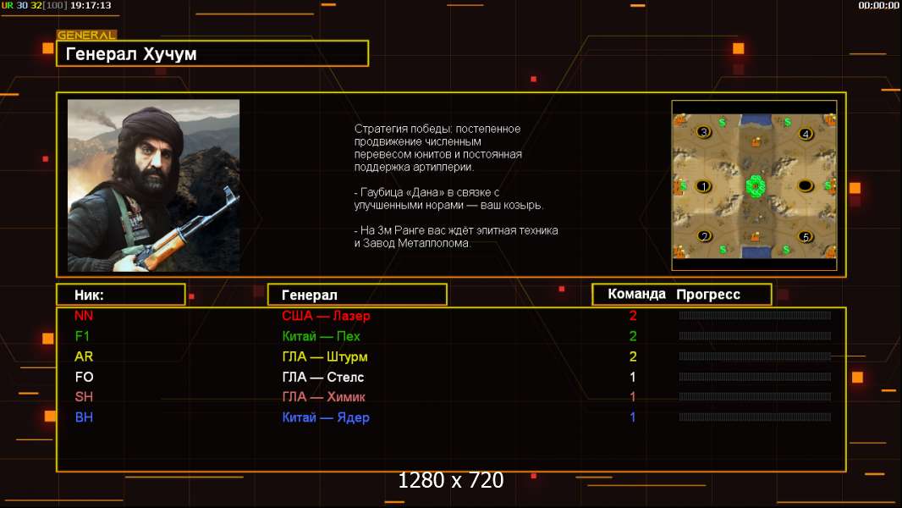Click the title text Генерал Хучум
pos(131,54)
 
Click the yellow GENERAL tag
pos(87,35)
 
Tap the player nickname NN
pos(84,315)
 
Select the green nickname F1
pos(82,336)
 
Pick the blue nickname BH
pos(84,417)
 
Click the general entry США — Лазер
pos(326,315)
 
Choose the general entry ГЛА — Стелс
pos(322,377)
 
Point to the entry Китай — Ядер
pos(326,417)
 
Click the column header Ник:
pos(89,295)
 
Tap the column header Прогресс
pos(708,295)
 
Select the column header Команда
pos(636,294)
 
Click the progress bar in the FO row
pos(755,377)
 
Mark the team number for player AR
pos(633,356)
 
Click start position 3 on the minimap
pos(703,132)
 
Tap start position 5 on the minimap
pos(806,236)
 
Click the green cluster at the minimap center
pos(755,185)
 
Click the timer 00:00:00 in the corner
pos(878,5)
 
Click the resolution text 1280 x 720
pos(451,480)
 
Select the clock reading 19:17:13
pos(91,5)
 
